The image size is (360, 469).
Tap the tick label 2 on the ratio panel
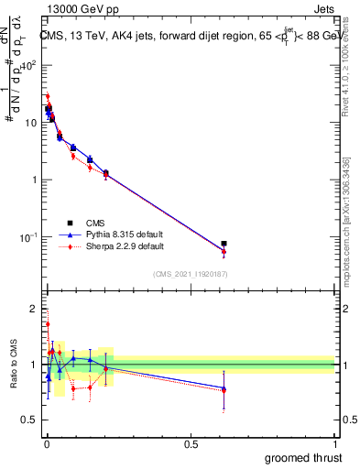tap(34, 308)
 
